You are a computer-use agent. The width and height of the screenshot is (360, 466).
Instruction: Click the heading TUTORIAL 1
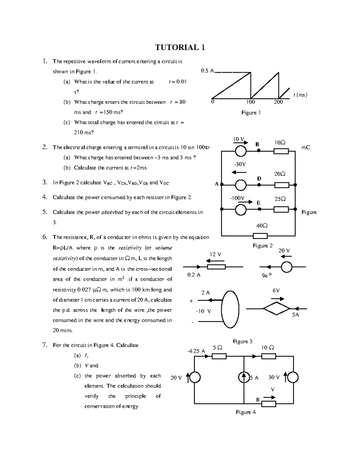pos(180,47)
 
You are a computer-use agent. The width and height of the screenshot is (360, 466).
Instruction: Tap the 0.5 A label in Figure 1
pos(207,71)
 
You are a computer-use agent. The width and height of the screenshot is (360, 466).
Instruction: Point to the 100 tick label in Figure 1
pos(250,102)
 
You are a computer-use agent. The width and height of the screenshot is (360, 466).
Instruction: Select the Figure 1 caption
pos(251,113)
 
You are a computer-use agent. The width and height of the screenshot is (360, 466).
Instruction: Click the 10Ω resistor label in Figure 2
pos(280,143)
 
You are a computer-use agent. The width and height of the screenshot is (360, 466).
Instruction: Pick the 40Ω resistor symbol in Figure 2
pos(260,236)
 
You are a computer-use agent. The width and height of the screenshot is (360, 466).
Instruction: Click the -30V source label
pos(240,164)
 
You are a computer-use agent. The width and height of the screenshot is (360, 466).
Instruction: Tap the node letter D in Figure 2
pos(259,179)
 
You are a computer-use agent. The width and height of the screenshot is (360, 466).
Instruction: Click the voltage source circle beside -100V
pos(241,209)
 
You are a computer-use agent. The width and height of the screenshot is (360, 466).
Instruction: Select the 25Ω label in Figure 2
pos(280,199)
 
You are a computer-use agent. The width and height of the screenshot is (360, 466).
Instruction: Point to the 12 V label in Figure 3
pos(215,254)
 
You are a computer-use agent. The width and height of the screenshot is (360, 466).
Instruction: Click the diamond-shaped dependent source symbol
pos(277,308)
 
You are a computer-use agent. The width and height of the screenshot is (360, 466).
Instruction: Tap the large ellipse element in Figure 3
pos(230,310)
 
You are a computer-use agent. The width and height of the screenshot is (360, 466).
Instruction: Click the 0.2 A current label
pos(193,275)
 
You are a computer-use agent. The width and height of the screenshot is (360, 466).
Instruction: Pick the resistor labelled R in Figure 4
pos(268,404)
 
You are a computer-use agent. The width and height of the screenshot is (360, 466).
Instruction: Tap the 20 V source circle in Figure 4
pos(195,378)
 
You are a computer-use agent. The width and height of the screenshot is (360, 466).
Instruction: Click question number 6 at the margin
pos(45,237)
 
